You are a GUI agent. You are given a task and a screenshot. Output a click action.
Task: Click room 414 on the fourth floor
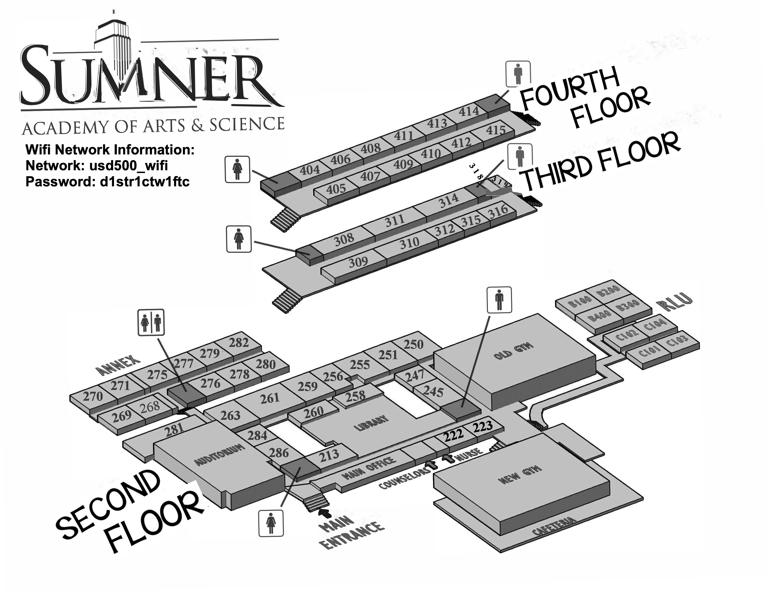(469, 112)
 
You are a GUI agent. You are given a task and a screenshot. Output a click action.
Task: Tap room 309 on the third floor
(358, 262)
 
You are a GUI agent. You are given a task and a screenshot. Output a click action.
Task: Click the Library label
(371, 423)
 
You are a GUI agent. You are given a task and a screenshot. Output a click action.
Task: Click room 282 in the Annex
(239, 342)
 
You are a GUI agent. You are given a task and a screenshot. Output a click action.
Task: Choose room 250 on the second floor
(413, 344)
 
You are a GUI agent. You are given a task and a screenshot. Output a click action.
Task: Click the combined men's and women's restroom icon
(151, 322)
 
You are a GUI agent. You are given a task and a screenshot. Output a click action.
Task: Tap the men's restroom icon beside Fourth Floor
(518, 74)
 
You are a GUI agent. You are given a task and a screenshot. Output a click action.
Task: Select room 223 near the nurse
(482, 427)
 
